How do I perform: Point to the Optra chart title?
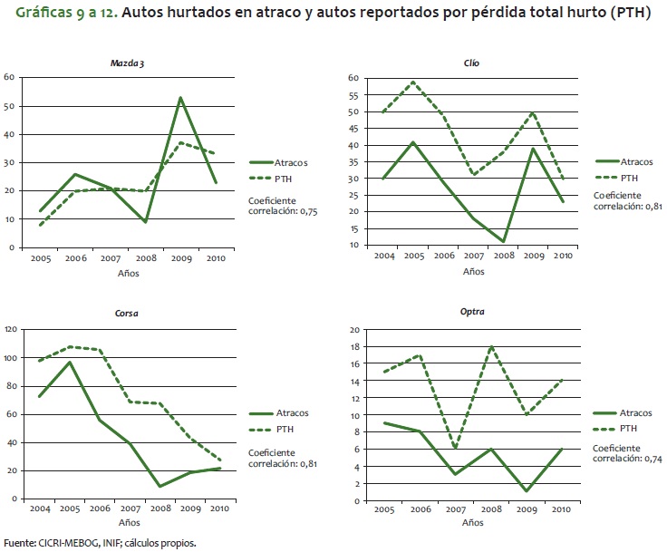[x=472, y=312]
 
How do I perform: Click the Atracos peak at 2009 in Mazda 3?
[x=181, y=97]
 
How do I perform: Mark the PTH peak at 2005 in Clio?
[x=414, y=82]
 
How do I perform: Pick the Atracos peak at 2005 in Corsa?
[x=70, y=362]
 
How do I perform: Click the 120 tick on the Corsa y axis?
[x=11, y=329]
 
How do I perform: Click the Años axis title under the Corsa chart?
[x=130, y=523]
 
